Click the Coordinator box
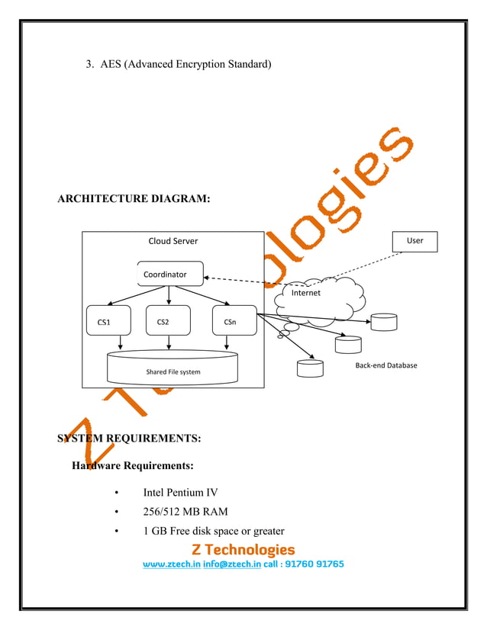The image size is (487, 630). (166, 274)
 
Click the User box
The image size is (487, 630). (415, 241)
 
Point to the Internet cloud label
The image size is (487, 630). (306, 292)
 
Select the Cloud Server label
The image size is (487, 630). (173, 241)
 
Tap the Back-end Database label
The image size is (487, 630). (386, 365)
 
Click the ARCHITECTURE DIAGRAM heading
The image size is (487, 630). (134, 199)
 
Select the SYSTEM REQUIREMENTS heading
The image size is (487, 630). (130, 439)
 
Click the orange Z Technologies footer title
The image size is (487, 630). (243, 549)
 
